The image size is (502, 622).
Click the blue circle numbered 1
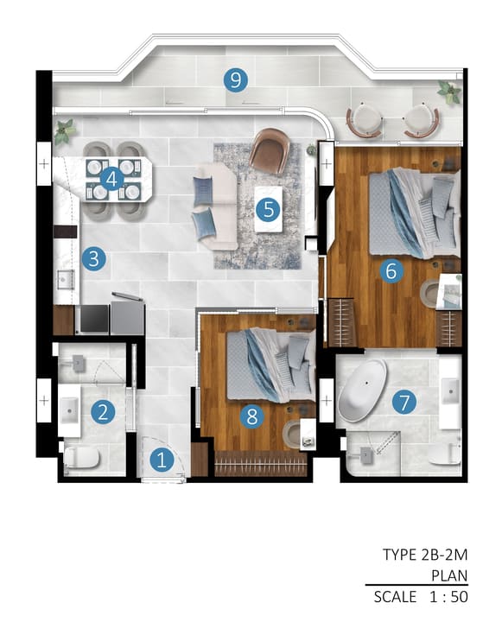coord(162,460)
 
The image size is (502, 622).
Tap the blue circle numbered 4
coord(112,180)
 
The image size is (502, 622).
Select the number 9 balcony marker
coord(235,80)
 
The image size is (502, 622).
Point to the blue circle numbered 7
coord(404,403)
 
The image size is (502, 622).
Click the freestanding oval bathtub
coord(362,390)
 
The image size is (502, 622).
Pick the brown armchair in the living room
coord(270,150)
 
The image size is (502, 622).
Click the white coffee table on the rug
coord(269,209)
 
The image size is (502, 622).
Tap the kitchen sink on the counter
coord(66,279)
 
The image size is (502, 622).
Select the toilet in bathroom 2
coord(81,459)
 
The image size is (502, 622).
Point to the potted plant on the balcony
coord(449,92)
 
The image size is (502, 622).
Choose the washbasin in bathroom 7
coord(450,391)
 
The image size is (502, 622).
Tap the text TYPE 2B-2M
coord(425,554)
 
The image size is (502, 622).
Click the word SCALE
coord(395,597)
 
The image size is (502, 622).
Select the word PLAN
coord(449,575)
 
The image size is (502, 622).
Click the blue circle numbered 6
coord(391,271)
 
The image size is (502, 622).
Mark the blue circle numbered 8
coord(252,417)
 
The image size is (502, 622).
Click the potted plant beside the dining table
coord(64,131)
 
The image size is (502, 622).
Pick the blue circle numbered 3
coord(94,259)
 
